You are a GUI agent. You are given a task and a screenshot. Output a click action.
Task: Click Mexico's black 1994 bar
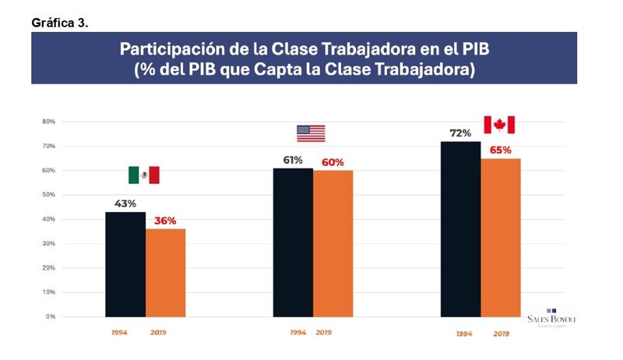125,264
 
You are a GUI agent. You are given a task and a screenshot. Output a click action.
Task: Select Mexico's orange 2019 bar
165,273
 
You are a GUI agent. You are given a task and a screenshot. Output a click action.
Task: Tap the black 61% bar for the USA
293,242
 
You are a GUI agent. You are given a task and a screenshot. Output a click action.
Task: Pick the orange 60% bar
333,243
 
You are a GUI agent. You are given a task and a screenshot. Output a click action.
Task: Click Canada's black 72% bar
460,229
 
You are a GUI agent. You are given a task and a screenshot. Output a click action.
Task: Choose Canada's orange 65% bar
501,238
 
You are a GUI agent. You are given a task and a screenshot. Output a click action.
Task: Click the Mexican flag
144,175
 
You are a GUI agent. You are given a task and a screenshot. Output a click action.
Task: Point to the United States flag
311,133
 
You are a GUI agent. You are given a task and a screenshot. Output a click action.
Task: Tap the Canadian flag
499,125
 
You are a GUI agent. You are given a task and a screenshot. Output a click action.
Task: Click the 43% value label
126,203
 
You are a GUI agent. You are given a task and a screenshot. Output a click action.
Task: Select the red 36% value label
164,221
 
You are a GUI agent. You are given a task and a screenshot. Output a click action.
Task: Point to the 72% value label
460,133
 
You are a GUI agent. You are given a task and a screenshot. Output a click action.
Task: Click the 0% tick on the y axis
50,316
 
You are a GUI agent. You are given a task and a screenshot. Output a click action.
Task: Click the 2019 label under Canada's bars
501,334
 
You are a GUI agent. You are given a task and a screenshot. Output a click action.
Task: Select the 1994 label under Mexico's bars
119,333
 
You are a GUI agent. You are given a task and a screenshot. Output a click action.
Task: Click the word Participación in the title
175,50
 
